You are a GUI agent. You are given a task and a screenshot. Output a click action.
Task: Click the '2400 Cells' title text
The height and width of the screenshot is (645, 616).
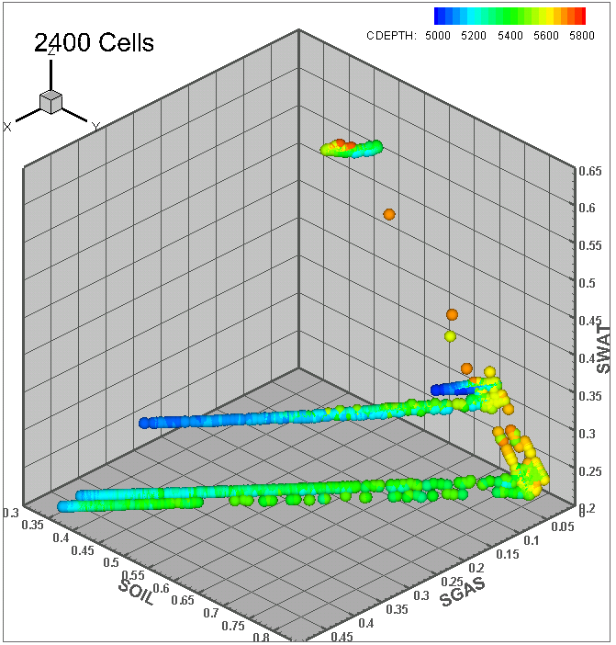click(x=94, y=41)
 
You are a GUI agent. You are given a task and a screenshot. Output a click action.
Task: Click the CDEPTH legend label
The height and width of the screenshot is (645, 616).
click(x=392, y=35)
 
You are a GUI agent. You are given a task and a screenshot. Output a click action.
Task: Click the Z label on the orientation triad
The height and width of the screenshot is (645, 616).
click(x=52, y=53)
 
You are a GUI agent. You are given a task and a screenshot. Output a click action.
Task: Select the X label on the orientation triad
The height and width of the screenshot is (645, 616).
click(x=7, y=127)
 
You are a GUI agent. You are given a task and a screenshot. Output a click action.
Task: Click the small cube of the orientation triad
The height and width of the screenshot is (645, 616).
click(x=51, y=102)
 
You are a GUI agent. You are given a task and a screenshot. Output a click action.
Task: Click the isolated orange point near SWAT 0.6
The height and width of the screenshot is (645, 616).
click(x=389, y=214)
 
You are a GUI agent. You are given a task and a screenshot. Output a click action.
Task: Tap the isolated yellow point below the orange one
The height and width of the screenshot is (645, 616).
click(x=450, y=337)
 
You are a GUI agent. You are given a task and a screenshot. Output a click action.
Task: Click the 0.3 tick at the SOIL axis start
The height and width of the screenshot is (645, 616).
click(x=12, y=512)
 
